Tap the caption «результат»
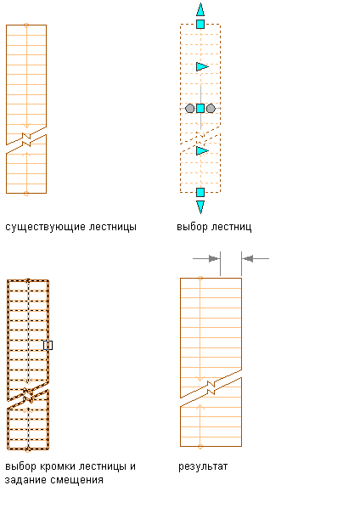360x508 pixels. (203, 467)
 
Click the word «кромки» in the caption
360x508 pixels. (58, 467)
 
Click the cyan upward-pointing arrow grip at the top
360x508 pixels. (200, 9)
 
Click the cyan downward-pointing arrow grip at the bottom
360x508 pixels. (200, 207)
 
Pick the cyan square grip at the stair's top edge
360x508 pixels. (200, 24)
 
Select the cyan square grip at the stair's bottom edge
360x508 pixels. (200, 193)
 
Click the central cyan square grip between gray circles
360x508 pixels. (200, 108)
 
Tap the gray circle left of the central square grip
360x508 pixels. (189, 108)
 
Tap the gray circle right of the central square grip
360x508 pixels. (211, 108)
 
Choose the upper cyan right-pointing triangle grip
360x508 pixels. (202, 67)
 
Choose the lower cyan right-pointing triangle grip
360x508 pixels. (202, 150)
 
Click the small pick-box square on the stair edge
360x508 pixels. (48, 346)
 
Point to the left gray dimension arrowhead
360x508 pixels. (214, 258)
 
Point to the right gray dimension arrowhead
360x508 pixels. (248, 258)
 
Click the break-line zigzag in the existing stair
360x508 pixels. (26, 139)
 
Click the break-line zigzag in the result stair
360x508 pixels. (211, 387)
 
